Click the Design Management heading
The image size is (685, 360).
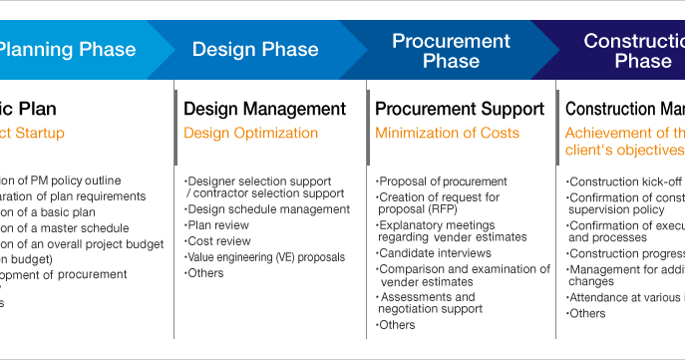264,109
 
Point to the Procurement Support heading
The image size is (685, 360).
460,109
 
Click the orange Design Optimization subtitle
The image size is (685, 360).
250,133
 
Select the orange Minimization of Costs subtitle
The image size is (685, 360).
447,133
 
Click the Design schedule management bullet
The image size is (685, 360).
268,209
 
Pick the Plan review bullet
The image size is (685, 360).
219,225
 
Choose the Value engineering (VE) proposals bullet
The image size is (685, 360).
265,257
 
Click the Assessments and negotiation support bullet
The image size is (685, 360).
429,303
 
